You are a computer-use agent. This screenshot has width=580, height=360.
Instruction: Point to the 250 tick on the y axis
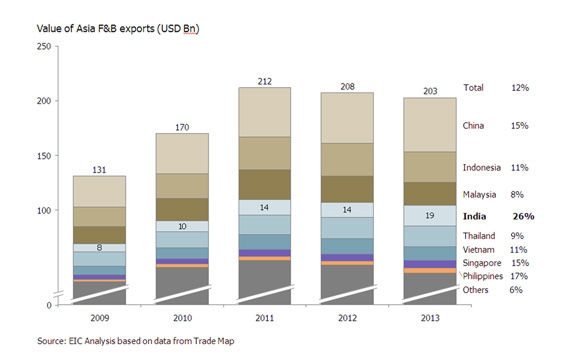(x=44, y=47)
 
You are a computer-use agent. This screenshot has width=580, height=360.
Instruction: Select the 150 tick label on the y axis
(x=44, y=156)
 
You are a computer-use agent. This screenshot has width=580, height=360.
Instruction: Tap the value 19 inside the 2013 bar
(x=431, y=215)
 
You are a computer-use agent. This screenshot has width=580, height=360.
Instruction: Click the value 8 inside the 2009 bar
(x=98, y=246)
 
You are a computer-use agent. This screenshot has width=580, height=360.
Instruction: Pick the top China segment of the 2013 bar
(x=431, y=125)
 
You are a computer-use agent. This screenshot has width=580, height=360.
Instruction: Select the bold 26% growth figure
(x=523, y=216)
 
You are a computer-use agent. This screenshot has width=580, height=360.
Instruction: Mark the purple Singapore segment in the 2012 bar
(x=347, y=258)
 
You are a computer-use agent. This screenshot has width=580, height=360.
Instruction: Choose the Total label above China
(x=474, y=88)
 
